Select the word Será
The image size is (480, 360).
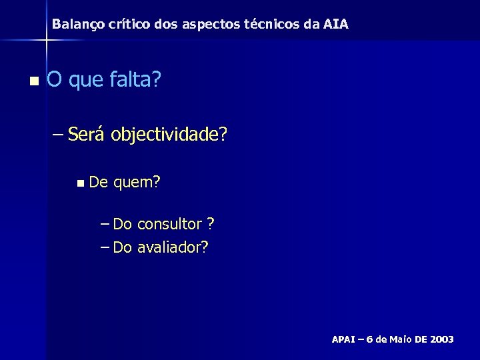[87, 136]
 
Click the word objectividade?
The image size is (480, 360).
[169, 137]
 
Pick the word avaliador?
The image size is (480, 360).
[173, 248]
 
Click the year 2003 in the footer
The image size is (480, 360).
[441, 339]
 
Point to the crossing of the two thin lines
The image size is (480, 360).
[45, 40]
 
